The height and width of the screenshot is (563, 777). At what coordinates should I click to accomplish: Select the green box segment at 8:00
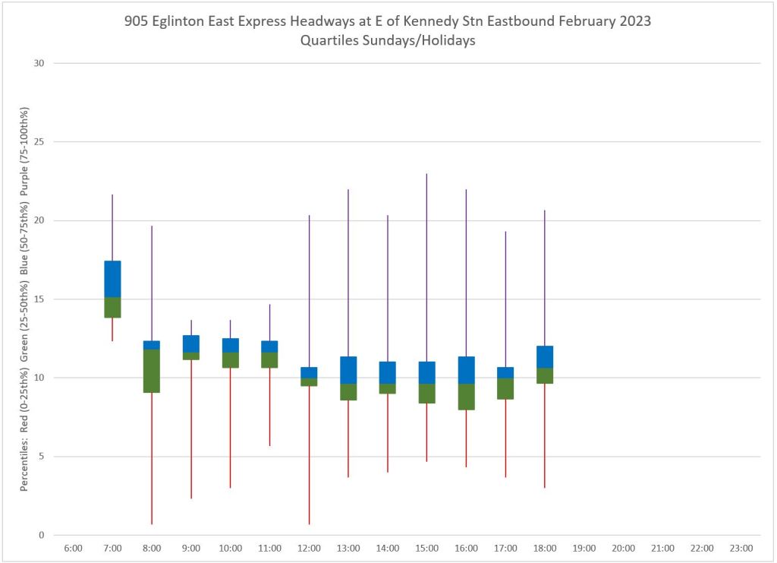152,371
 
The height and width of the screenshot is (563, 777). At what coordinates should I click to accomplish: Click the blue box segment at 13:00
348,370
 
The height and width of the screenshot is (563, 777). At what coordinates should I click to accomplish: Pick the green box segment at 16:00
466,397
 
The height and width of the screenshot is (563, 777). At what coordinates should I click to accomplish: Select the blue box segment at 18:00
545,357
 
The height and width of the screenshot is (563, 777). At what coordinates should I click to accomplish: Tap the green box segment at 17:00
505,388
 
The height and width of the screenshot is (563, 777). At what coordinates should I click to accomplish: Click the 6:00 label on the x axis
74,548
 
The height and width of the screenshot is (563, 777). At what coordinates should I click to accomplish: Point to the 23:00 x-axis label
741,548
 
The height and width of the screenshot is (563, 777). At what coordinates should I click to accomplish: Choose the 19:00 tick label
584,548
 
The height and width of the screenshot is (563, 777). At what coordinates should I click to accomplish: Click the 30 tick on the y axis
39,63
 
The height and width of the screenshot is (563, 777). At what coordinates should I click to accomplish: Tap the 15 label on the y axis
39,299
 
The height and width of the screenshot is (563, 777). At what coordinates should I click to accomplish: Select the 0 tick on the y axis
42,535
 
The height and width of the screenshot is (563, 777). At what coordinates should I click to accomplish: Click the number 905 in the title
137,21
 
